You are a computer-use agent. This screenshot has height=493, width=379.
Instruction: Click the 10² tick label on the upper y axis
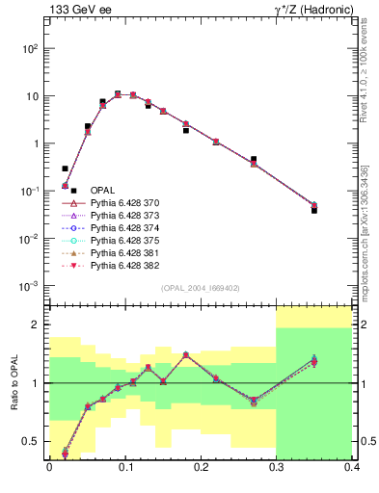coord(31,48)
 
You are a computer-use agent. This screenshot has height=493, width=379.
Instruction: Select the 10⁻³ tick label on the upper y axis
coord(31,286)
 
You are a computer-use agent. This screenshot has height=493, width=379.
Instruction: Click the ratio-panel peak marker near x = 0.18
coord(186,354)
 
